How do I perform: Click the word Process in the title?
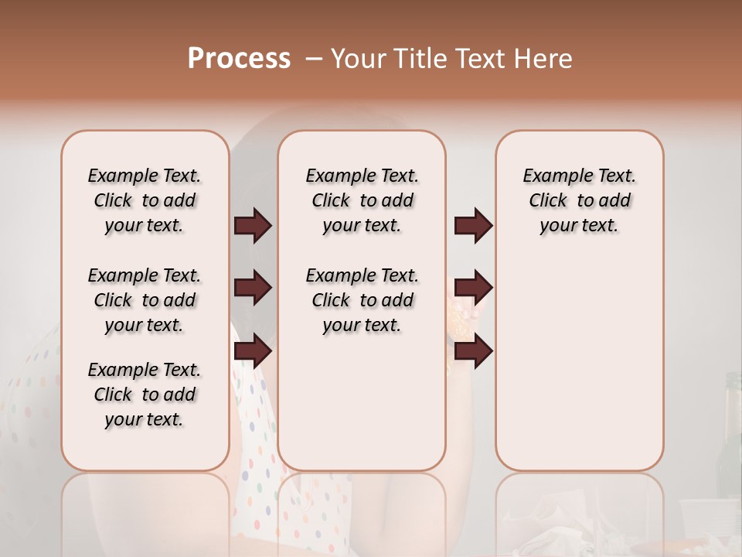pyautogui.click(x=239, y=59)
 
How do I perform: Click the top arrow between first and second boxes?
pyautogui.click(x=253, y=225)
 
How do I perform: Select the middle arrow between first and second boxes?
pyautogui.click(x=253, y=288)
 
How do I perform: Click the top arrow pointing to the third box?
pyautogui.click(x=473, y=225)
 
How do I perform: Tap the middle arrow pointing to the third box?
pyautogui.click(x=473, y=288)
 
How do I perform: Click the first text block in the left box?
pyautogui.click(x=145, y=200)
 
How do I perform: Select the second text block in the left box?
pyautogui.click(x=145, y=300)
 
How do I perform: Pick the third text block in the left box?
pyautogui.click(x=145, y=395)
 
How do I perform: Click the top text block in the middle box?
pyautogui.click(x=362, y=200)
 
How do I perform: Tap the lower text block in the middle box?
pyautogui.click(x=362, y=300)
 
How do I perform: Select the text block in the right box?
pyautogui.click(x=579, y=200)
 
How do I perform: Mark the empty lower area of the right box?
pyautogui.click(x=579, y=364)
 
